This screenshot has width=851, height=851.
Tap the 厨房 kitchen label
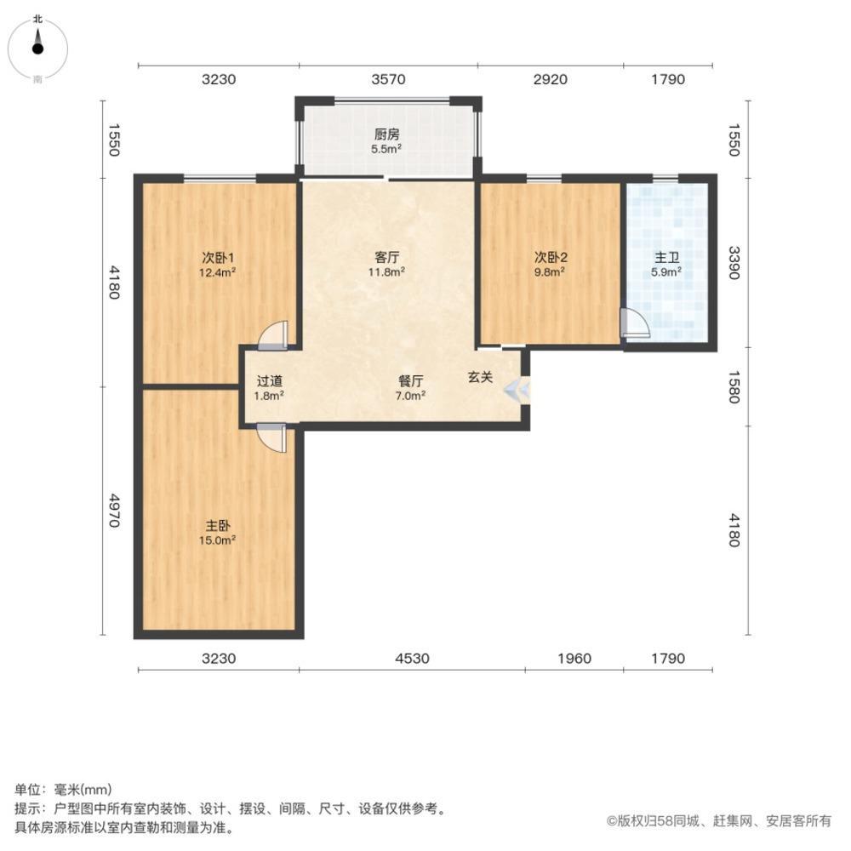click(x=386, y=134)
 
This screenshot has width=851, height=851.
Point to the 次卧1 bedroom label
click(x=218, y=257)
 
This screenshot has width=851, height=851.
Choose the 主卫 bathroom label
click(x=666, y=257)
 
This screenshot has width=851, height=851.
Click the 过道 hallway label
click(x=270, y=380)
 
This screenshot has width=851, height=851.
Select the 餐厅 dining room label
click(x=411, y=380)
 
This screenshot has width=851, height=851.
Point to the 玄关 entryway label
click(x=480, y=376)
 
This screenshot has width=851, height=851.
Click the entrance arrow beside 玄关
click(x=516, y=391)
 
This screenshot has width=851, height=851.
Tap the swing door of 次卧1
click(x=276, y=335)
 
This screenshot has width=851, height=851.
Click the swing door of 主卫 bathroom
click(x=634, y=323)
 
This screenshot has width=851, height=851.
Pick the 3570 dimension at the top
click(x=388, y=80)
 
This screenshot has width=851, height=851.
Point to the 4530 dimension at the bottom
click(x=412, y=658)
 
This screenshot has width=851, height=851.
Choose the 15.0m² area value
click(x=218, y=540)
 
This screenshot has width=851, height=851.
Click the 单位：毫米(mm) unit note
click(x=63, y=789)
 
